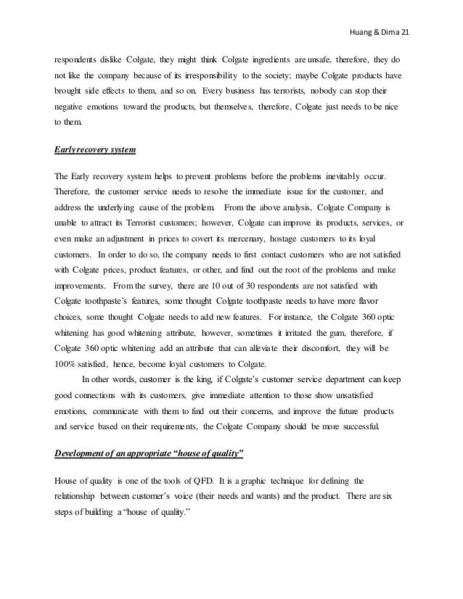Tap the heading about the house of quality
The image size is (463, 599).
149,454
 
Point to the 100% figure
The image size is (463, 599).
67,396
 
